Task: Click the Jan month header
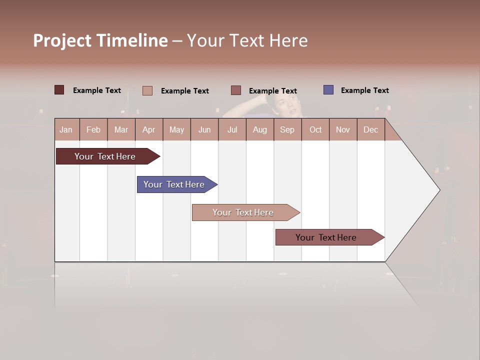coord(66,129)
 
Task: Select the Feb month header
coord(93,129)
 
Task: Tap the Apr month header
coord(148,129)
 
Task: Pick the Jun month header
coord(204,129)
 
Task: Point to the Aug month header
coord(259,129)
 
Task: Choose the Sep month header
coord(287,129)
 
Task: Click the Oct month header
coord(315,129)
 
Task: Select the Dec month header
coord(370,129)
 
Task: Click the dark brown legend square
coord(59,90)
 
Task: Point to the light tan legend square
coord(147,90)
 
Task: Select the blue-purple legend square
coord(328,90)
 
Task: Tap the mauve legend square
coord(236,90)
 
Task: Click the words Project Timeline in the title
coord(100,40)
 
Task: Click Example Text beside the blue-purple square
coord(364,90)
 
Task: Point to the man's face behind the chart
coord(284,105)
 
